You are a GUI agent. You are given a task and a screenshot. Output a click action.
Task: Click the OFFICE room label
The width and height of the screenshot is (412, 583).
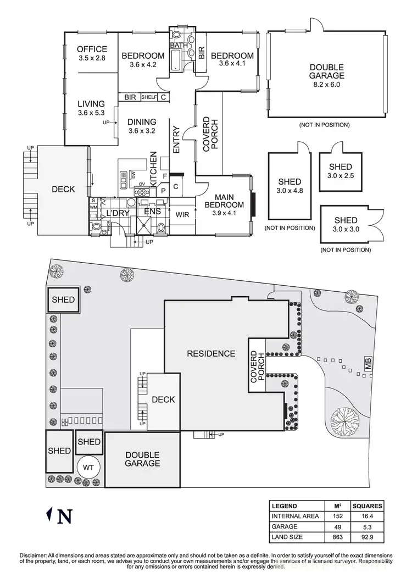[92, 49]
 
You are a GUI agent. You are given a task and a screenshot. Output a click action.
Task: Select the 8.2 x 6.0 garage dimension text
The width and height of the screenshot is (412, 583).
[326, 85]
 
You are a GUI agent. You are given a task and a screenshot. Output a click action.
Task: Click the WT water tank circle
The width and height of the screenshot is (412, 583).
[88, 467]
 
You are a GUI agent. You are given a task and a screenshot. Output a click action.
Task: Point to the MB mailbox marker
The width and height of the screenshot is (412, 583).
[368, 364]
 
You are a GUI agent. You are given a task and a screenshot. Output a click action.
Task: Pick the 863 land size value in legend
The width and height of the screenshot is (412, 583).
[331, 536]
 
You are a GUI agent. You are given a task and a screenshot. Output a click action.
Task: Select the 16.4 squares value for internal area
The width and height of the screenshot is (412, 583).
[367, 516]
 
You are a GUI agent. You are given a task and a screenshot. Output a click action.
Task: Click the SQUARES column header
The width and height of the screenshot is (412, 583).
[367, 506]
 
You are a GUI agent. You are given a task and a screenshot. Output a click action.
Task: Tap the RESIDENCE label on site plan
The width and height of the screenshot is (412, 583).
[211, 354]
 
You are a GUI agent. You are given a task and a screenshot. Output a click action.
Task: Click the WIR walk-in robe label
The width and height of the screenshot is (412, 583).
[182, 214]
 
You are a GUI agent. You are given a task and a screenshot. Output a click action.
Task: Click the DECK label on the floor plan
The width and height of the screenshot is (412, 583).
[63, 189]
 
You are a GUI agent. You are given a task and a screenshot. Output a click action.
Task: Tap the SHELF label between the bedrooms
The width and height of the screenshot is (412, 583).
[149, 97]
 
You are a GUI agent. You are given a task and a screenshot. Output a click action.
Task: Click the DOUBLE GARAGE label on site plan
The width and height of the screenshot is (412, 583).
[142, 459]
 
